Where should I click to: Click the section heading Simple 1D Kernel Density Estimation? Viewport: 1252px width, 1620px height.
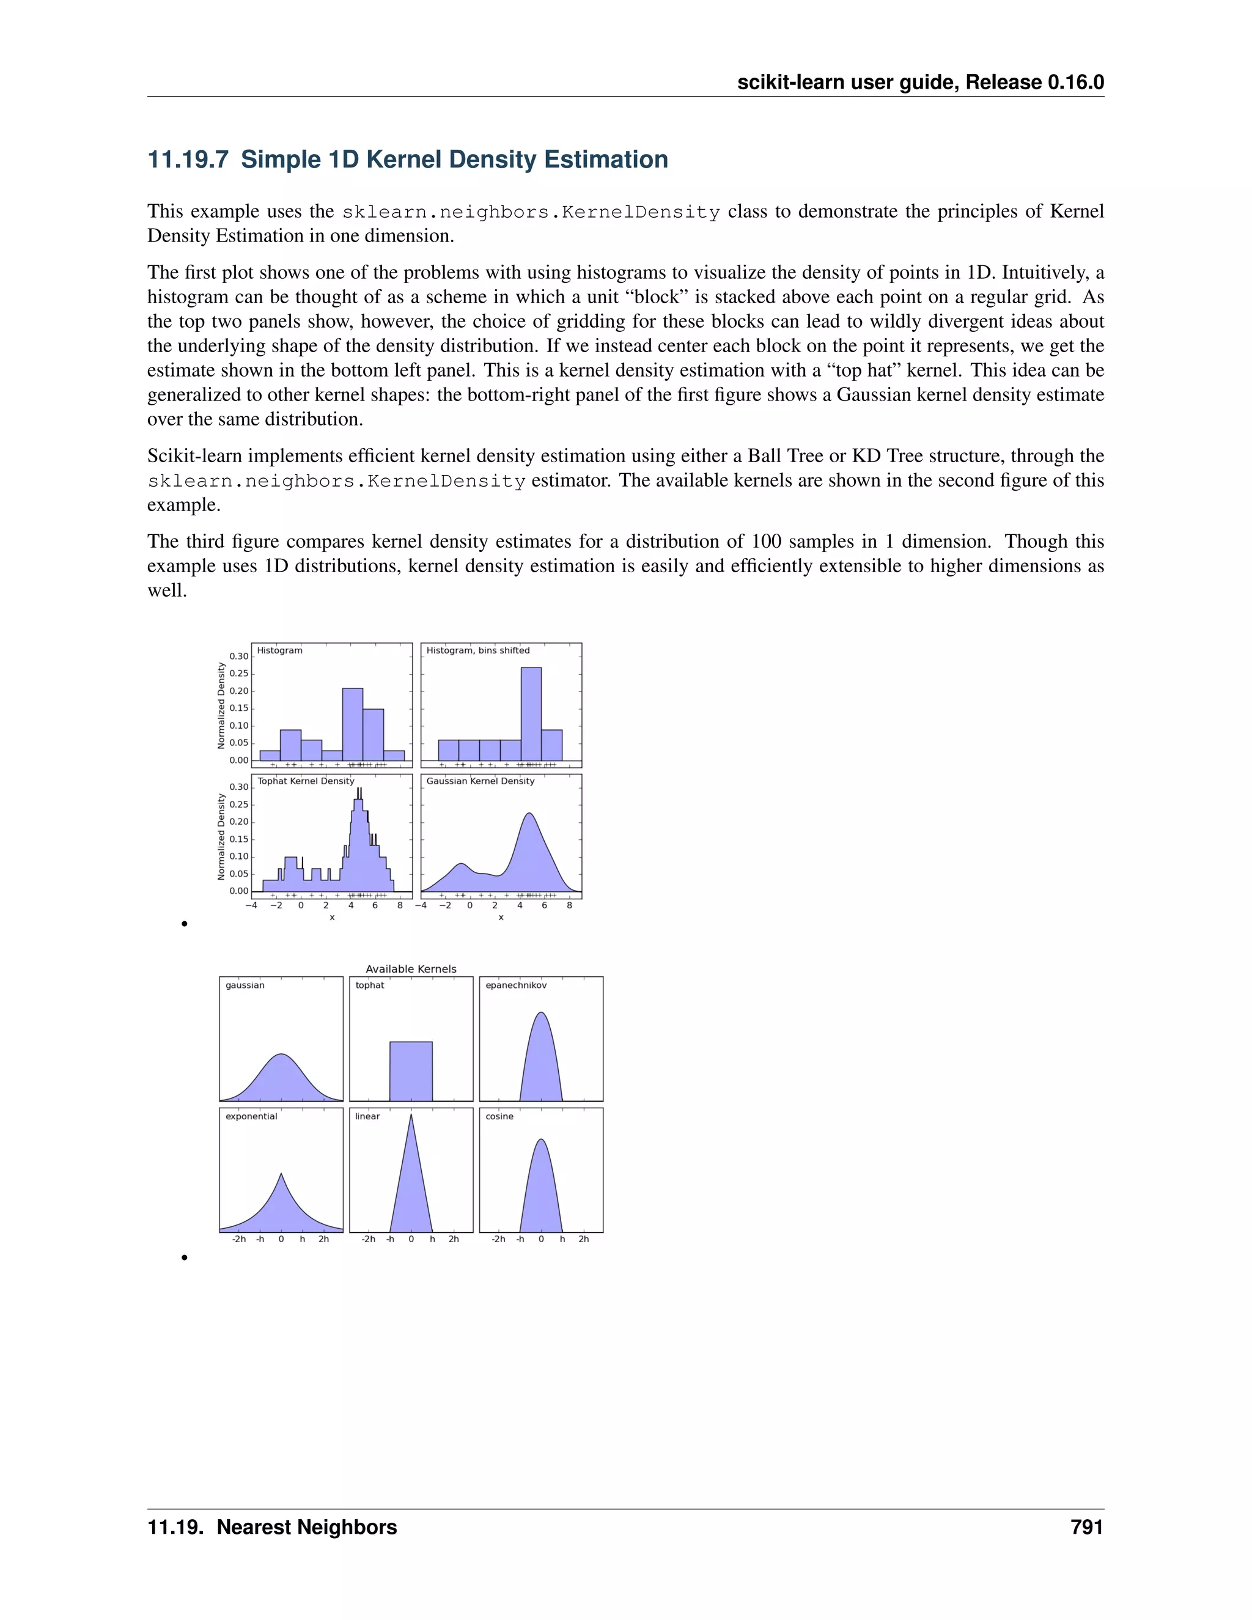407,160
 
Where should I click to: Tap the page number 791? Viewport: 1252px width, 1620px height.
1086,1527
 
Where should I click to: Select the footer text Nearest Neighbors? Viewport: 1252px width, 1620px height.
306,1527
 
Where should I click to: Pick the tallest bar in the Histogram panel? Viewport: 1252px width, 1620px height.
352,723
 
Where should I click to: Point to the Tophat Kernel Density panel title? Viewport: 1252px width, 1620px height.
306,781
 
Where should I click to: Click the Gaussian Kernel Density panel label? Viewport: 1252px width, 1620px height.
480,781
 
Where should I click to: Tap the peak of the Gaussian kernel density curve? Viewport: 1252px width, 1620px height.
529,814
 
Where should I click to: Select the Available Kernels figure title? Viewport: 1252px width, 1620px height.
411,969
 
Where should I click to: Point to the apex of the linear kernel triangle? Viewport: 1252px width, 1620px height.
411,1116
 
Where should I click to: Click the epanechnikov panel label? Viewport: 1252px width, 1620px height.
515,985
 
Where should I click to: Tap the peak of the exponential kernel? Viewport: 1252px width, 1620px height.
281,1174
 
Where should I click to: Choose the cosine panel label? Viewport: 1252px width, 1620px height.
499,1116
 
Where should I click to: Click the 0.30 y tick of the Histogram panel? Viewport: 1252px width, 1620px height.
239,657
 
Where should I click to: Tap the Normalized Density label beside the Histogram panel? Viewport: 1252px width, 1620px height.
221,705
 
